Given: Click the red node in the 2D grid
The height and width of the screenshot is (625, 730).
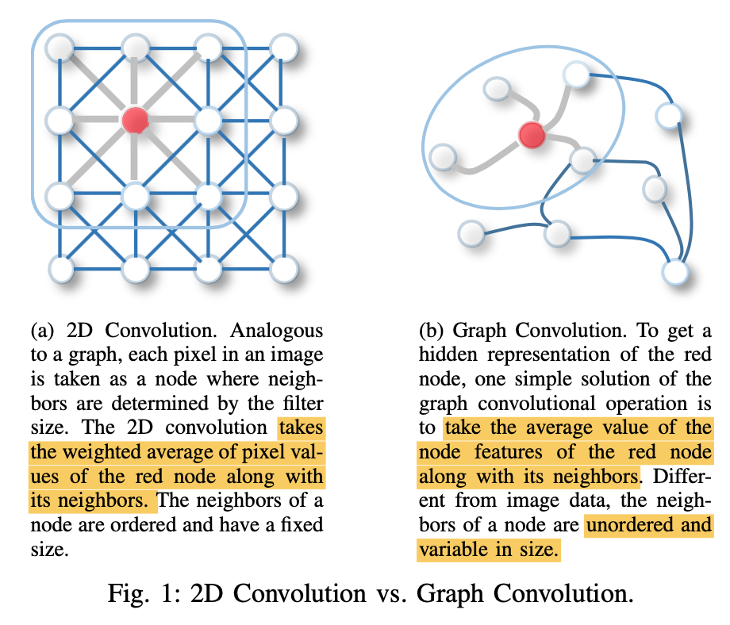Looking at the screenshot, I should (x=135, y=120).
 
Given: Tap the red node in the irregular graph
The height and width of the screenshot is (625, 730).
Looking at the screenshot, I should (x=530, y=134).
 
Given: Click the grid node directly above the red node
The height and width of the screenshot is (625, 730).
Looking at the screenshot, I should (x=134, y=48).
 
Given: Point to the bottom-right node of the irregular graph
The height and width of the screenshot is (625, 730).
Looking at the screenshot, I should (x=675, y=271).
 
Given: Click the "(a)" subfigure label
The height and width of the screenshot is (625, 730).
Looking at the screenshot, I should (x=43, y=329).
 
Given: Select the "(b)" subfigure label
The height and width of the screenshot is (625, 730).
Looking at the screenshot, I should (x=432, y=329).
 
